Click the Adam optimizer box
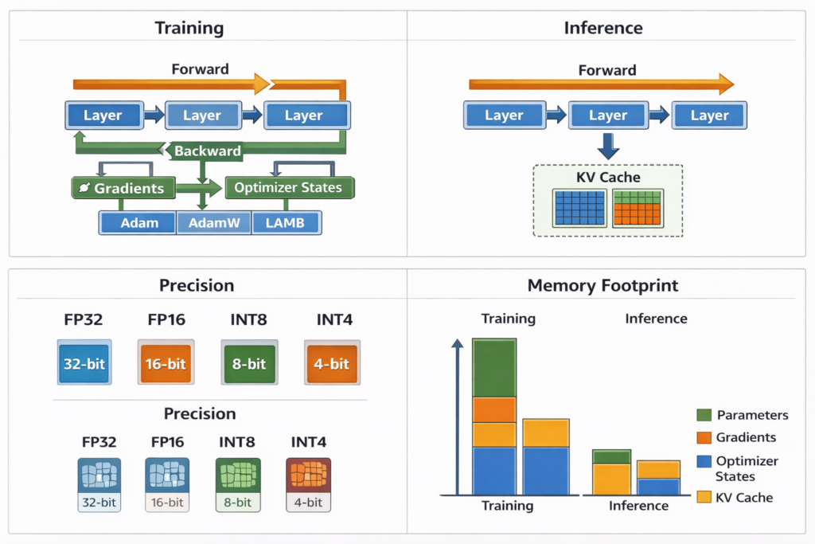pos(138,223)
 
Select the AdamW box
pos(213,223)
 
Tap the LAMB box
pos(286,223)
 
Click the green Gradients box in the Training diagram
pos(122,188)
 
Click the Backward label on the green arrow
pos(207,151)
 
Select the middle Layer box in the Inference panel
pos(607,115)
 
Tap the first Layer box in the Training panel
pos(103,115)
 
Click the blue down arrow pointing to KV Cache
pos(607,146)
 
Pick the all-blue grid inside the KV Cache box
pos(579,208)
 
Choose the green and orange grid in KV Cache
pos(637,208)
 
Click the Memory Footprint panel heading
pos(602,285)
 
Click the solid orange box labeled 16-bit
pos(165,363)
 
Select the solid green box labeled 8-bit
pos(248,363)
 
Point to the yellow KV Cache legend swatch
pos(704,497)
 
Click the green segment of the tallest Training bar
pos(494,368)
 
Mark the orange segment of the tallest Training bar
pos(494,409)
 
